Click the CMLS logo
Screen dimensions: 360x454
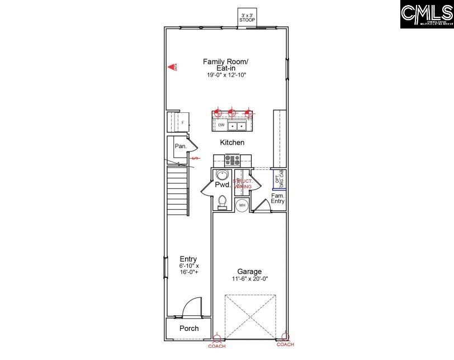tap(427, 15)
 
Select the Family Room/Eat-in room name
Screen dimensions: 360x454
tap(225, 64)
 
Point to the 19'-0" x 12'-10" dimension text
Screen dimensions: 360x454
tap(225, 74)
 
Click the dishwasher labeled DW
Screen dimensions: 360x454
tap(221, 125)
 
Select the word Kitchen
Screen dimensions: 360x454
tap(232, 143)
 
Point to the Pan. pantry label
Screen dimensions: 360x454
tap(180, 146)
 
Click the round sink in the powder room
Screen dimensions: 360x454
tap(221, 174)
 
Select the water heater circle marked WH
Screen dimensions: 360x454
tap(242, 206)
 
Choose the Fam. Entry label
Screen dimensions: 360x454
tap(278, 198)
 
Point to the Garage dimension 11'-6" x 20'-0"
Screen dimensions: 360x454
tap(249, 279)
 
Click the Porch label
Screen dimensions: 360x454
tap(188, 328)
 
